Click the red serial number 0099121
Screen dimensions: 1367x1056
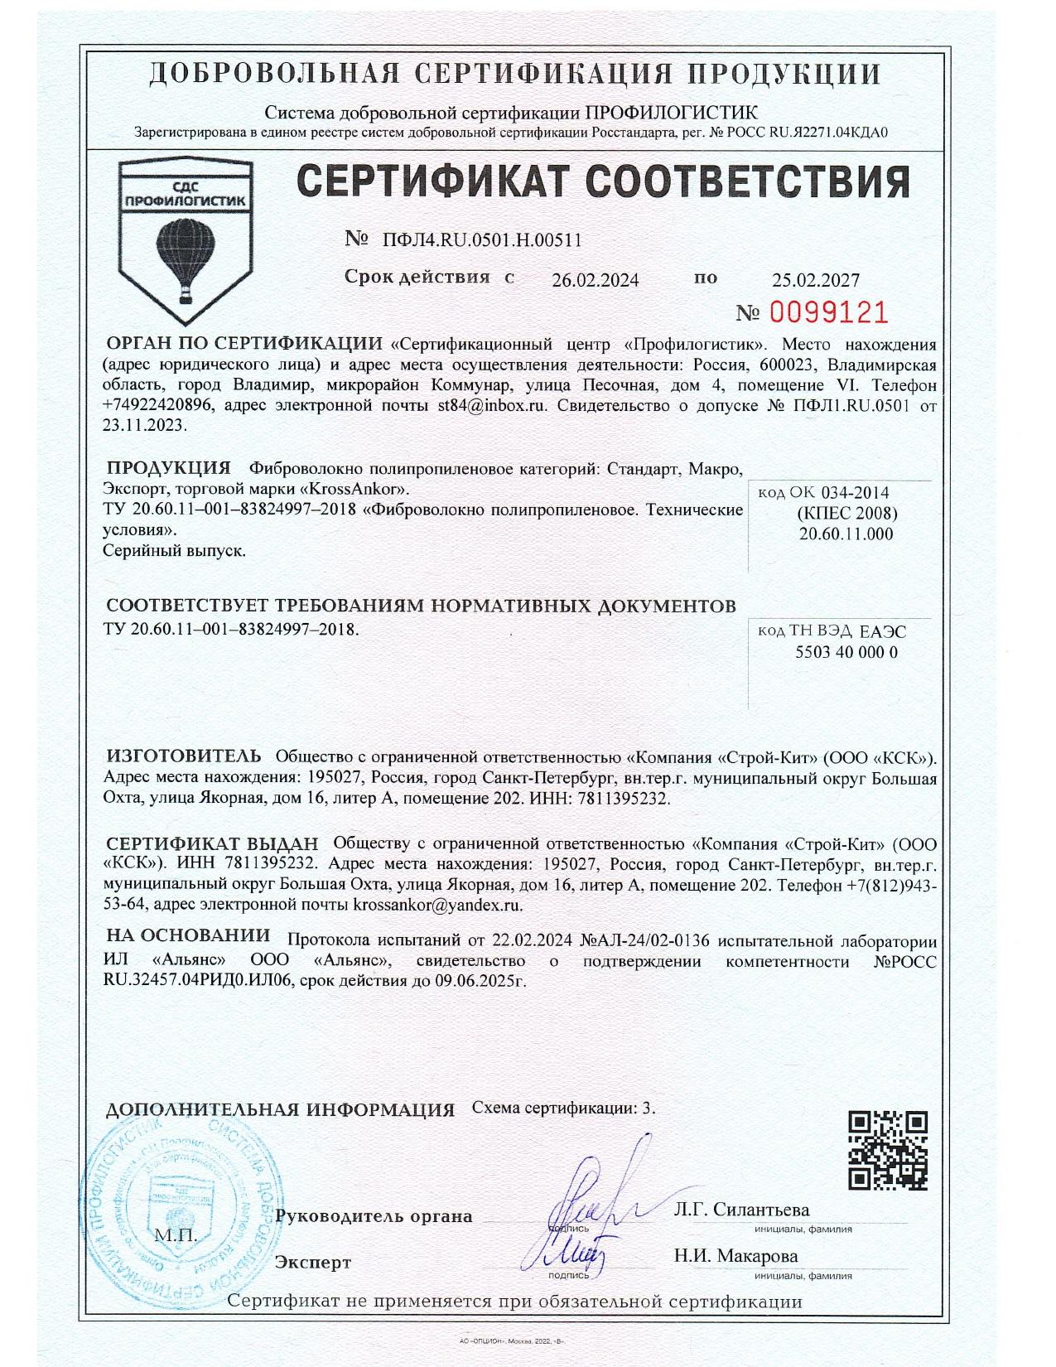(829, 312)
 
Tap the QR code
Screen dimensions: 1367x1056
(889, 1150)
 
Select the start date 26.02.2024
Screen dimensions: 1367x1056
(595, 281)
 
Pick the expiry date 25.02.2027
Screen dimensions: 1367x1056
(816, 281)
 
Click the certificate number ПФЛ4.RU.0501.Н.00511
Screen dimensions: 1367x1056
(481, 240)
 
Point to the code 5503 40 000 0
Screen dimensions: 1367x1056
(846, 652)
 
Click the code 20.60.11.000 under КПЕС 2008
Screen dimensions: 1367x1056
(846, 534)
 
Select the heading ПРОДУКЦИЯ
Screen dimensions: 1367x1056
(168, 467)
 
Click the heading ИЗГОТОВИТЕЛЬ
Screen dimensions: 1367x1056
(183, 756)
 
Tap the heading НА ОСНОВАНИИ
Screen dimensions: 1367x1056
(188, 935)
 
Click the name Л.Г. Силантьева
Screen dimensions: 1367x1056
(741, 1210)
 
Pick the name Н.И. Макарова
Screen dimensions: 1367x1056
(735, 1256)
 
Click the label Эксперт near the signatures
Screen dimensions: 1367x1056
(312, 1263)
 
